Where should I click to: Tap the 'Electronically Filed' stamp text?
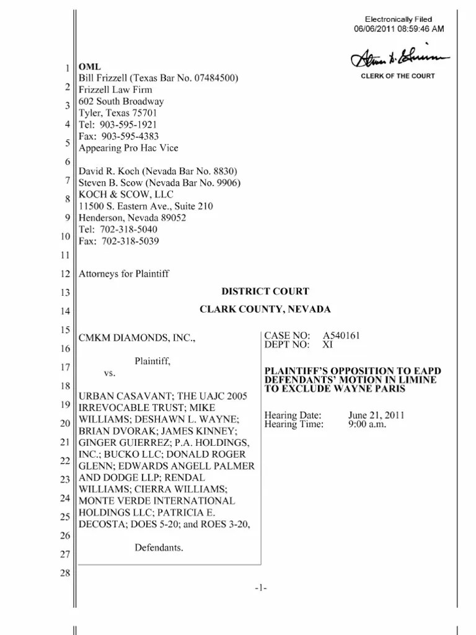[398, 20]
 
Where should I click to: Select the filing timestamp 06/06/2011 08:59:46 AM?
[398, 29]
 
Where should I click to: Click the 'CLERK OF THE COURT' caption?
[398, 76]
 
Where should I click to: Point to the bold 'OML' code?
[88, 67]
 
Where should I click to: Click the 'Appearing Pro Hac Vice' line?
[128, 148]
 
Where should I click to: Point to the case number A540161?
[342, 335]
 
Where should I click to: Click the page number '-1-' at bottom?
[260, 588]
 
